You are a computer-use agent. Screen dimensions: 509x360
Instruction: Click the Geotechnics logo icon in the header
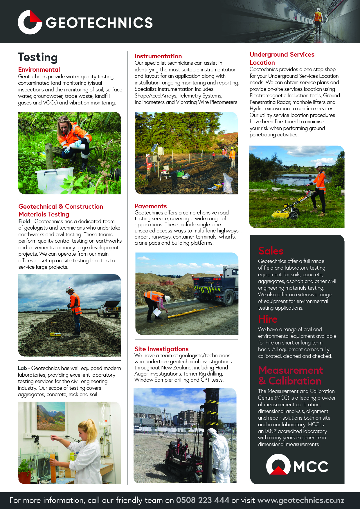tap(30, 22)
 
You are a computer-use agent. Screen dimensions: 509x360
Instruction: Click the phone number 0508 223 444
tap(203, 500)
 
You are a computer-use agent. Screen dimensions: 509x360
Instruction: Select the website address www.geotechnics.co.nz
tap(301, 500)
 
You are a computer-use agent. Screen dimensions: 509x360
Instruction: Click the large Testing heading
tap(38, 57)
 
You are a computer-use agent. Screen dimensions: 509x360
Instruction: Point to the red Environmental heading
tap(39, 69)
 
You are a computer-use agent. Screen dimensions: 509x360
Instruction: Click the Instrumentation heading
tap(158, 56)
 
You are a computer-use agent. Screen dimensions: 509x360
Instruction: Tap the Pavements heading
tap(151, 206)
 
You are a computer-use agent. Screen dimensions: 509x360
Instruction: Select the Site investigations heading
tap(161, 349)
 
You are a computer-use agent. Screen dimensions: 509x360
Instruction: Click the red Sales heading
tap(271, 251)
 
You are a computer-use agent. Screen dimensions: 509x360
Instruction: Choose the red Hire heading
tap(268, 319)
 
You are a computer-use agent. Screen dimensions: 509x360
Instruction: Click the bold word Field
tap(24, 221)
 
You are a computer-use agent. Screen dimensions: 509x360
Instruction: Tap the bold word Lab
tap(22, 368)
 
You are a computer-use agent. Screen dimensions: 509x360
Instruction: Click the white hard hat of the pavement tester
tap(168, 299)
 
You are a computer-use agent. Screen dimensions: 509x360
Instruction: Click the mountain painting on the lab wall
tap(51, 416)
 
